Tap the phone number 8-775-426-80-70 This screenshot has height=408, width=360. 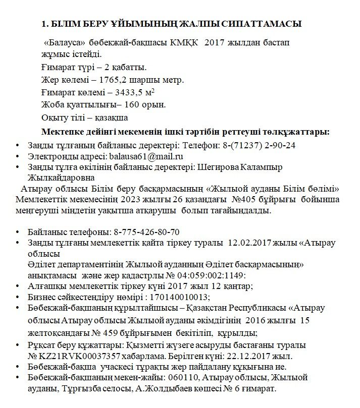click(146, 232)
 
